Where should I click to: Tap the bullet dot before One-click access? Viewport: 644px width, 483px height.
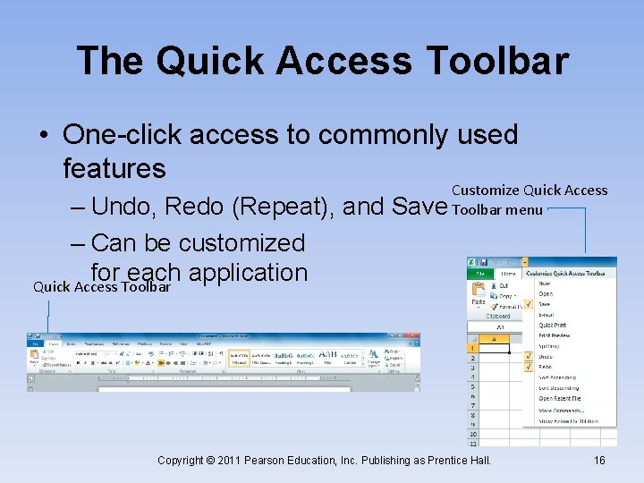[43, 136]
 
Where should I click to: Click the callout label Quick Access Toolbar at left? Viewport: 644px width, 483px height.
[101, 287]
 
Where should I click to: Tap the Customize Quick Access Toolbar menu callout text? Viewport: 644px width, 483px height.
[529, 199]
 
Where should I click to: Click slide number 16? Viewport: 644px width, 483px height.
[599, 460]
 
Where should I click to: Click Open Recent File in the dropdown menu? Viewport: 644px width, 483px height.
[559, 399]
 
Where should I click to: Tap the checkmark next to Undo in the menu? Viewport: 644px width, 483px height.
[529, 356]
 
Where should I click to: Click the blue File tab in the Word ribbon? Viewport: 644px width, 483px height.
[34, 343]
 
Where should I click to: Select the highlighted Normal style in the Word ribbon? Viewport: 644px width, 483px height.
[238, 359]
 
